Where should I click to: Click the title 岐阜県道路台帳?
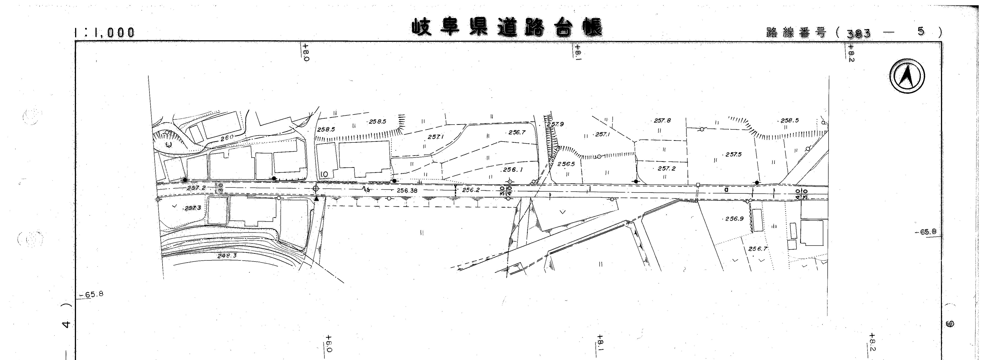(x=507, y=27)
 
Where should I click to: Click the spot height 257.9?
(x=555, y=124)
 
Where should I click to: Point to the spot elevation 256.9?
(x=734, y=219)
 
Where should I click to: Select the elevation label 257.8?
(x=662, y=120)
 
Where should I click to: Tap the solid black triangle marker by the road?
(x=316, y=198)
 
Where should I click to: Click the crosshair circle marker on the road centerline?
(x=315, y=188)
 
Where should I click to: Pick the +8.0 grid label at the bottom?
(x=328, y=344)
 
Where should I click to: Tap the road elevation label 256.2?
(x=471, y=190)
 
